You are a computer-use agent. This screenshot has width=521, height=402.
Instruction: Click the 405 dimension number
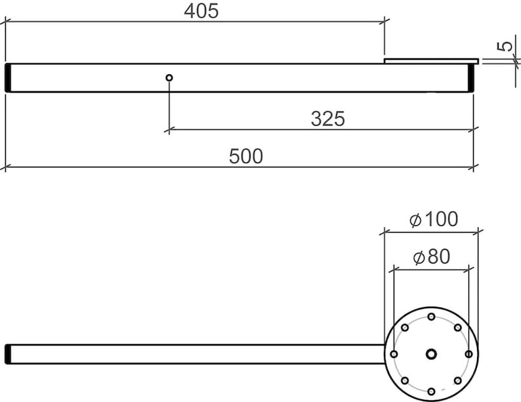(x=201, y=11)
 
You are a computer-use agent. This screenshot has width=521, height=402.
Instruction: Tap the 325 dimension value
(x=328, y=119)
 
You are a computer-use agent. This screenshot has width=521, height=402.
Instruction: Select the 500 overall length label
(x=246, y=156)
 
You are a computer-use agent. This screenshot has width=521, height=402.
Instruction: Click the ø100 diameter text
(x=434, y=219)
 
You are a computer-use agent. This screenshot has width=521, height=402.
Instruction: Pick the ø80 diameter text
(x=432, y=257)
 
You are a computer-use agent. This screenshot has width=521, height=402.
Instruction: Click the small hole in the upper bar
(x=169, y=78)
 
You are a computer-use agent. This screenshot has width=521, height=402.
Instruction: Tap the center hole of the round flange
(x=431, y=354)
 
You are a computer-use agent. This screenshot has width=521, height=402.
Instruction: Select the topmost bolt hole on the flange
(x=431, y=317)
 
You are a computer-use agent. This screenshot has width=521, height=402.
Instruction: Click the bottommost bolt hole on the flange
(x=431, y=391)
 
